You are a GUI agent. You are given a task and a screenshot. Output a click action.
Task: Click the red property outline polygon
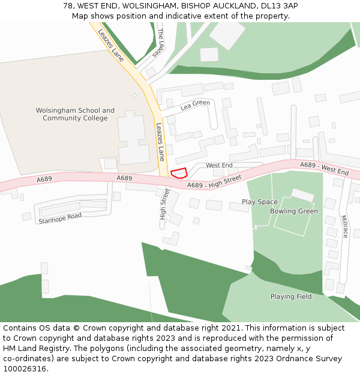click(179, 173)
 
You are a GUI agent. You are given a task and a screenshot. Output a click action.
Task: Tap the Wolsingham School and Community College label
click(75, 115)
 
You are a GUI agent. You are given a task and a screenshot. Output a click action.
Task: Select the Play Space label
click(260, 202)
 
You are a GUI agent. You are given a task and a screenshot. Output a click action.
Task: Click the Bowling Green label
click(294, 211)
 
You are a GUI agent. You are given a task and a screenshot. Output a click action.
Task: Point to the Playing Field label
click(291, 296)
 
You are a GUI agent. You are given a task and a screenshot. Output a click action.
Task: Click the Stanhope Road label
click(59, 218)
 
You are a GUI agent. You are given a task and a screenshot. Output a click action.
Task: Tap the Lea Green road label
click(195, 106)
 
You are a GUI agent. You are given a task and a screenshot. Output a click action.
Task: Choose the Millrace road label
click(344, 226)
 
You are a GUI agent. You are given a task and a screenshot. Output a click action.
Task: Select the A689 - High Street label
click(214, 181)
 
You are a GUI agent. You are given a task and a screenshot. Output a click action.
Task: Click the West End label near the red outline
click(219, 165)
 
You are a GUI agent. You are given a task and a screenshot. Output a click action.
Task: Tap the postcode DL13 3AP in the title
click(277, 5)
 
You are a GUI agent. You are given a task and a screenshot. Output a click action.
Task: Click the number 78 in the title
click(68, 5)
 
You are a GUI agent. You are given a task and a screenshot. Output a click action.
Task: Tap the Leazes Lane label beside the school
click(160, 142)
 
